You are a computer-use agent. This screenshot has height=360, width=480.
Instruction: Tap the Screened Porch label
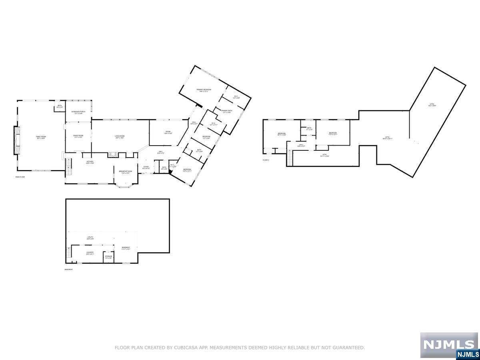pos(78,112)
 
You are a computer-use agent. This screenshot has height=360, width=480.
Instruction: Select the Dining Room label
pos(78,136)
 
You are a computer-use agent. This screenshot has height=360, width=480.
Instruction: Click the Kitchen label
pos(90,162)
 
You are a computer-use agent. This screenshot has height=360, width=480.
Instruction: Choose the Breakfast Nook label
pos(126,172)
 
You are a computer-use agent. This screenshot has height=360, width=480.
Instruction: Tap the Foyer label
pos(146,168)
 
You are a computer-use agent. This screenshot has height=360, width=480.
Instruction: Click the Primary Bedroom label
pos(204,90)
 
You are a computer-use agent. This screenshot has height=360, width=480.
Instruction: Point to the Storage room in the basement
pos(108,257)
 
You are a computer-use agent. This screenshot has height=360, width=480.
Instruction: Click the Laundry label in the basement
pos(90,253)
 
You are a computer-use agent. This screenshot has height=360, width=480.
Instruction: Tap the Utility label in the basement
pos(90,238)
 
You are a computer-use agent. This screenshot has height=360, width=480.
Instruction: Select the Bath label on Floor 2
pos(309,129)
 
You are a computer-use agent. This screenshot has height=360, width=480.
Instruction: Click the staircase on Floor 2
pos(290,160)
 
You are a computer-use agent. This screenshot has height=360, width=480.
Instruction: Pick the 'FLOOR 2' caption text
pos(266,160)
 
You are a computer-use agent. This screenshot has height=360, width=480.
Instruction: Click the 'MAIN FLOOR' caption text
pos(20,177)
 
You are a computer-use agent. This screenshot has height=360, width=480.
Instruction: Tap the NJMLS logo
pos(449,345)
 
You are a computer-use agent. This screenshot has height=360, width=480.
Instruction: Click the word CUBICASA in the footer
pos(183,348)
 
